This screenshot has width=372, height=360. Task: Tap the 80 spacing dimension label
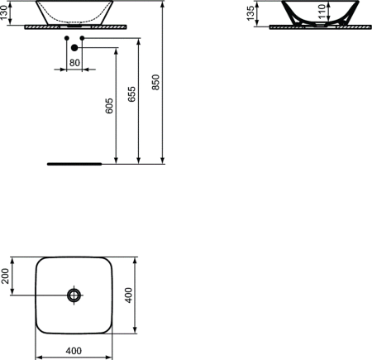click(x=74, y=63)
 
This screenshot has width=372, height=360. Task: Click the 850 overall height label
click(x=156, y=84)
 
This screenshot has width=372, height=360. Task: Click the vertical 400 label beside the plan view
click(x=128, y=295)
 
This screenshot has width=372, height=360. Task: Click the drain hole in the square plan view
click(x=74, y=294)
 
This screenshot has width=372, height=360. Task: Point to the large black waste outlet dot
click(x=74, y=48)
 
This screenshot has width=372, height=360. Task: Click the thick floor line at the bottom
click(x=74, y=164)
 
